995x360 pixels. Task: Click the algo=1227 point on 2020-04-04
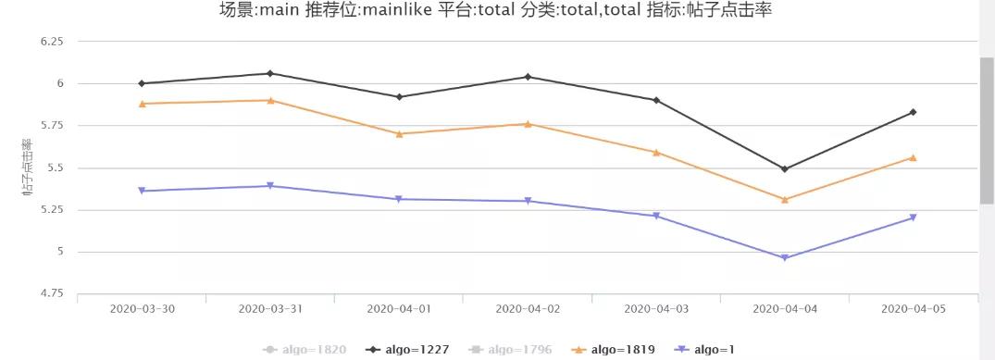[x=785, y=169]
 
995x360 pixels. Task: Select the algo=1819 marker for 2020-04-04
[x=785, y=199]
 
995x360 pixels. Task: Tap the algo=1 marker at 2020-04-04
[x=785, y=257]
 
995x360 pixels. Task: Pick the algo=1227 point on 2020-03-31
[x=269, y=73]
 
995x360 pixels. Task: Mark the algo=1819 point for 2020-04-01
[x=399, y=133]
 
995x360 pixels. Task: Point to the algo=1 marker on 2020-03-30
[x=142, y=191]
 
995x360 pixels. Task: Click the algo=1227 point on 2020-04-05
[x=914, y=112]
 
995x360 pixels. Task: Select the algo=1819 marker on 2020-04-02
[x=528, y=123]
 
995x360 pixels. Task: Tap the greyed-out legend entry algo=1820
[x=305, y=350]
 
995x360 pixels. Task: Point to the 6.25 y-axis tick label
[x=51, y=43]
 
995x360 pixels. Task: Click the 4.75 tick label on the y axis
[x=51, y=294]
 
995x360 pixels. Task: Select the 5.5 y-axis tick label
[x=55, y=168]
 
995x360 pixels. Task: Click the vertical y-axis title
[x=27, y=168]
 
